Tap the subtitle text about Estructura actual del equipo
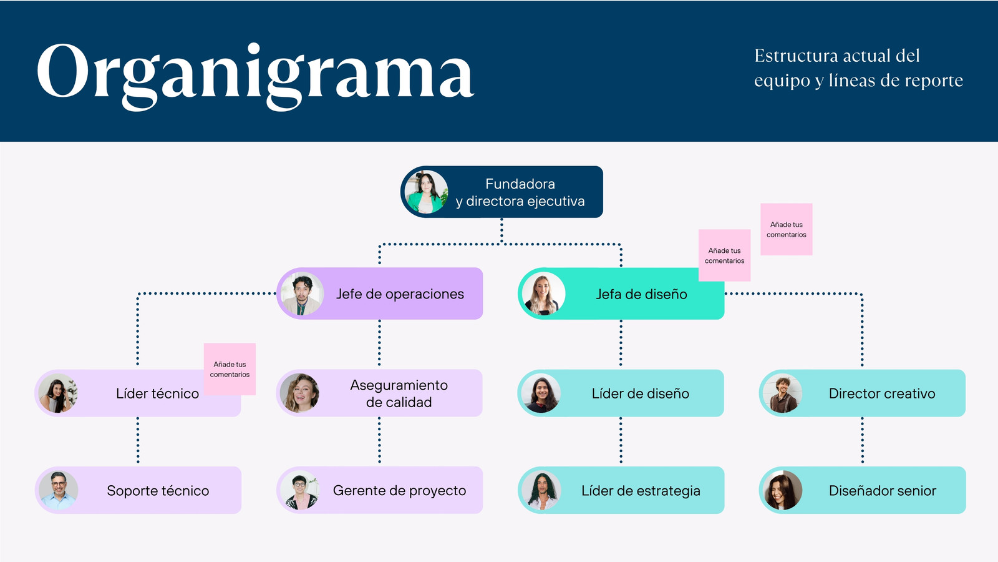tap(858, 68)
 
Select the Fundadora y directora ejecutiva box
tap(520, 192)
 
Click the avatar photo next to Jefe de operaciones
tap(302, 293)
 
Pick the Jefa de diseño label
tap(641, 294)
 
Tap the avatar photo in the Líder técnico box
tap(59, 393)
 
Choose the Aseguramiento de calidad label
tap(399, 393)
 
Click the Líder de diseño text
tap(641, 393)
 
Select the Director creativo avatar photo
tap(782, 393)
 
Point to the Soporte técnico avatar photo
tap(59, 490)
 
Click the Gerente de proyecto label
tap(399, 491)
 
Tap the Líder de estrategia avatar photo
tap(541, 490)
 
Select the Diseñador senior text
tap(882, 491)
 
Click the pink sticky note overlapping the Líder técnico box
tap(230, 369)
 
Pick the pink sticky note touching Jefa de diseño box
tap(724, 255)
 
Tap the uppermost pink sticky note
tap(787, 229)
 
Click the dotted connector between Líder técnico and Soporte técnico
tap(138, 441)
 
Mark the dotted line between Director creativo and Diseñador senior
tap(863, 441)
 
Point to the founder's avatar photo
tap(426, 192)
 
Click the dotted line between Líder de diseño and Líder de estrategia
tap(621, 441)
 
